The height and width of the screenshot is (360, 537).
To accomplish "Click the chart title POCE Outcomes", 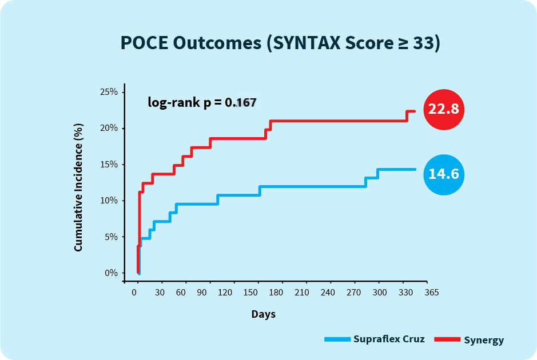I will click(280, 43).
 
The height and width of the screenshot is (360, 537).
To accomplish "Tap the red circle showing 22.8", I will click(444, 109).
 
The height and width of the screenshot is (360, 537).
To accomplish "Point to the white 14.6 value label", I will click(444, 174).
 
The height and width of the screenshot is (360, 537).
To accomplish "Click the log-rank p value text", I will click(202, 103).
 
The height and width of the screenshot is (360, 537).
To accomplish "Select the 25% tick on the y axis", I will click(109, 92).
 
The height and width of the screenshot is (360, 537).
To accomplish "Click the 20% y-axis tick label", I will click(109, 128).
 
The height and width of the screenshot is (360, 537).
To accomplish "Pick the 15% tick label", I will click(109, 165).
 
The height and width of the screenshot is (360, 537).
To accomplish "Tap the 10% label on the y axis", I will click(109, 201).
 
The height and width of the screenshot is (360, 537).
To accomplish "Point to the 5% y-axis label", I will click(110, 237).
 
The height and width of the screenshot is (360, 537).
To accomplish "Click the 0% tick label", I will click(110, 273).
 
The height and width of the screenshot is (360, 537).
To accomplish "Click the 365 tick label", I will click(432, 293).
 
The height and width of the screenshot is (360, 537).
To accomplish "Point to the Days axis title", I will click(263, 314).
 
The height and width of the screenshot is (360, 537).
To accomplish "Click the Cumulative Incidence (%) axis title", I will click(78, 187).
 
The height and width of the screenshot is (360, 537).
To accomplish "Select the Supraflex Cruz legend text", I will click(389, 339).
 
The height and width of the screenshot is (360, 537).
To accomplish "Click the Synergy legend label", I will click(484, 341).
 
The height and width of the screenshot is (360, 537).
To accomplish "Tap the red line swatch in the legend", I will click(447, 339).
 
